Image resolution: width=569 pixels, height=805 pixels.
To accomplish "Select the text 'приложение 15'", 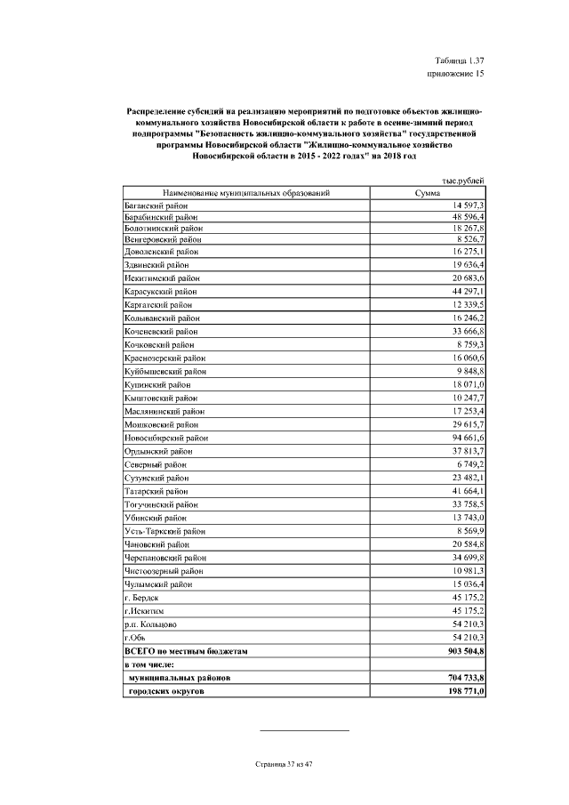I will (x=456, y=74).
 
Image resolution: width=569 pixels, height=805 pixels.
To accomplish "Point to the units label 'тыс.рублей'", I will (x=464, y=181).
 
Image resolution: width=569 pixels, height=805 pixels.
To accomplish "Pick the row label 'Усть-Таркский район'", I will (x=164, y=530).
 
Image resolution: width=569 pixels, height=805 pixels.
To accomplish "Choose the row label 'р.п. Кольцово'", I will (x=151, y=625).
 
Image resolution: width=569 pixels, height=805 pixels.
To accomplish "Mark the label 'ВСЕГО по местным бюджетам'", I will (x=185, y=651).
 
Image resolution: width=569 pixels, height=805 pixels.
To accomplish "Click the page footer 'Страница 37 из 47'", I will (x=284, y=763).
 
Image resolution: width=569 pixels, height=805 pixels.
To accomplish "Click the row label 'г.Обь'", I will (x=135, y=638).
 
